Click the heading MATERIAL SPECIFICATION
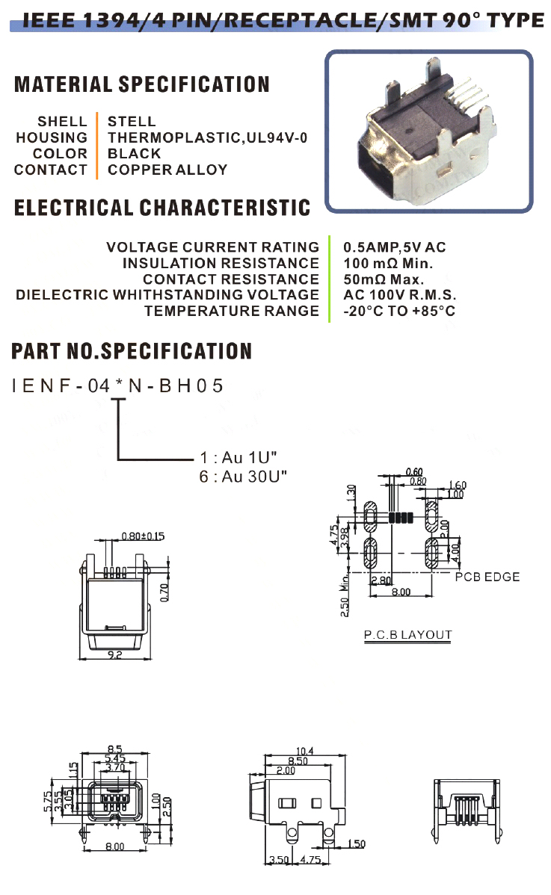pyautogui.click(x=142, y=84)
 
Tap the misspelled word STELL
pyautogui.click(x=132, y=121)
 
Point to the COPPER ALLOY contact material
pyautogui.click(x=167, y=170)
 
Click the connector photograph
pyautogui.click(x=428, y=132)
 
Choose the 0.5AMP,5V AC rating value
pyautogui.click(x=395, y=247)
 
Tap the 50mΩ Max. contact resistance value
pyautogui.click(x=384, y=279)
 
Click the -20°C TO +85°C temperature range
pyautogui.click(x=399, y=312)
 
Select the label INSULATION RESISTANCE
pyautogui.click(x=221, y=263)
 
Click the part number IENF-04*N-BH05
pyautogui.click(x=118, y=386)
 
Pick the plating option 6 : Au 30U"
pyautogui.click(x=243, y=476)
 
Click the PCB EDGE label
pyautogui.click(x=487, y=577)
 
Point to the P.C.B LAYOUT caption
pyautogui.click(x=407, y=636)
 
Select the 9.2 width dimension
pyautogui.click(x=115, y=654)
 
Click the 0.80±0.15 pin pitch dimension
pyautogui.click(x=143, y=536)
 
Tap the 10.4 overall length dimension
pyautogui.click(x=306, y=751)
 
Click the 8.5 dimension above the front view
pyautogui.click(x=115, y=748)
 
